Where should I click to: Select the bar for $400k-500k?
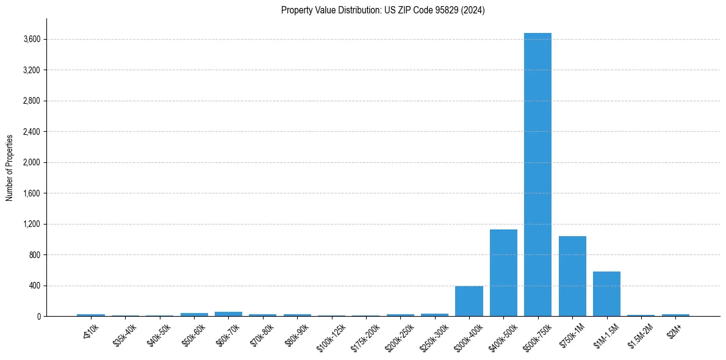[x=503, y=273]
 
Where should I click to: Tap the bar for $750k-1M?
[x=572, y=276]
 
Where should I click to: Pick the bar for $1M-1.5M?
[x=606, y=293]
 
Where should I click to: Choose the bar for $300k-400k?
[x=469, y=301]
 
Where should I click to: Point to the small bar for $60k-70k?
[x=228, y=314]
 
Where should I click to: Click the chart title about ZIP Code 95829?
[x=383, y=10]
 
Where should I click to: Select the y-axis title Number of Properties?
[x=10, y=167]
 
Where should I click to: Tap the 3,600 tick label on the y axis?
[x=32, y=40]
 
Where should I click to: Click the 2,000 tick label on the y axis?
[x=32, y=163]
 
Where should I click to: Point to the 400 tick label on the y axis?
[x=35, y=286]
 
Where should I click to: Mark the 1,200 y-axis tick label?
[x=32, y=224]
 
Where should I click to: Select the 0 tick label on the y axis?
[x=38, y=316]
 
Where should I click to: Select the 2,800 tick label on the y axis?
[x=32, y=101]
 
